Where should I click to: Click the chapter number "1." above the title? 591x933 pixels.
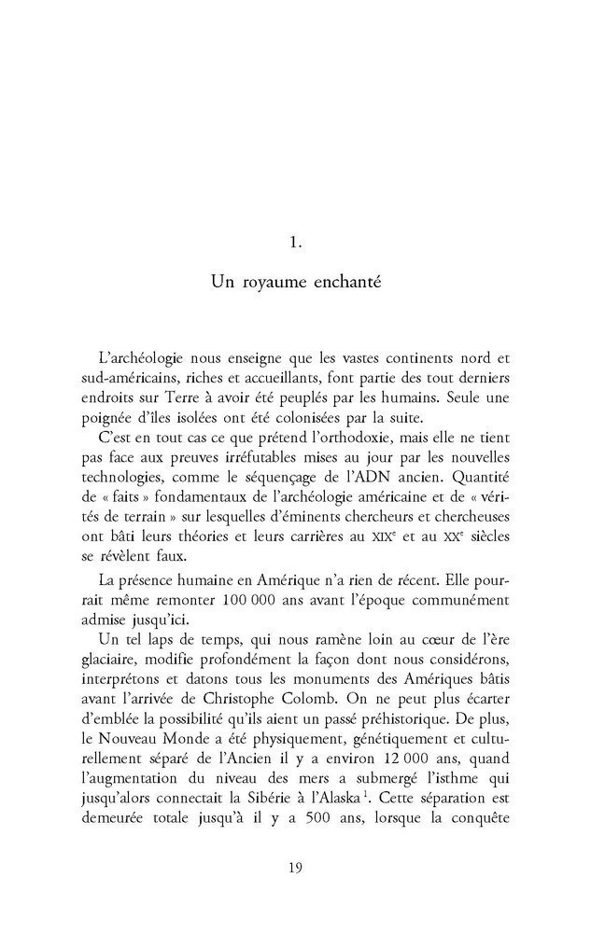(x=294, y=244)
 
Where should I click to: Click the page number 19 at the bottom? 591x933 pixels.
(x=294, y=869)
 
